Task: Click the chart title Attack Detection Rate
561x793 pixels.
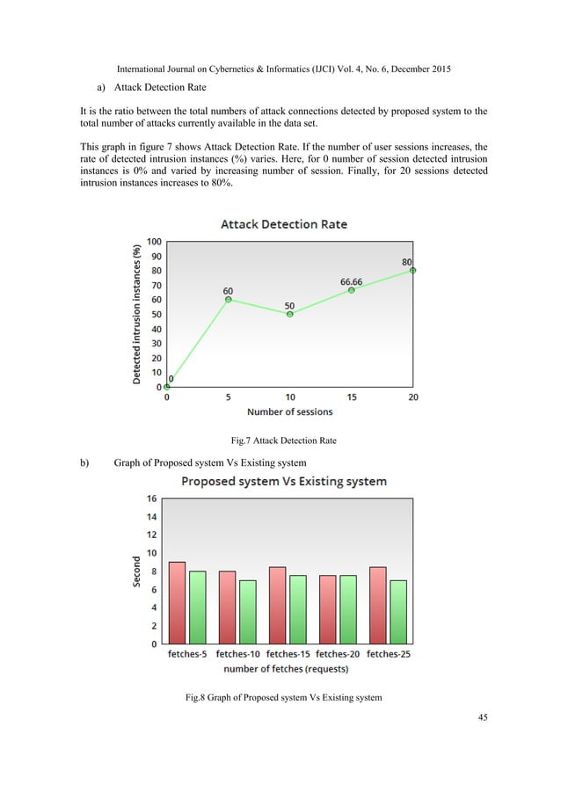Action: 283,224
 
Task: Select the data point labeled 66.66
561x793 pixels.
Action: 351,290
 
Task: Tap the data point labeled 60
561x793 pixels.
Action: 229,299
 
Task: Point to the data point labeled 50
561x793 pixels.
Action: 289,314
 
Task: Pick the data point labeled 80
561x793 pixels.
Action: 412,270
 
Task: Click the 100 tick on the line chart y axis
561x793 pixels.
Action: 153,241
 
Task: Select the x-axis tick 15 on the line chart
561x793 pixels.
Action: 351,397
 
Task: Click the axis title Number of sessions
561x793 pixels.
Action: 289,411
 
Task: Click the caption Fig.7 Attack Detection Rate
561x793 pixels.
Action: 280,440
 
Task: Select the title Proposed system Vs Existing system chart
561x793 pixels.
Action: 283,481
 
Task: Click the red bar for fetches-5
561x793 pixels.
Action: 177,602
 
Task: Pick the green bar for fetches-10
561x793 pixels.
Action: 248,611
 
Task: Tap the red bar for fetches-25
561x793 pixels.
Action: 378,605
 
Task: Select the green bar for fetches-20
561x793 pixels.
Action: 348,609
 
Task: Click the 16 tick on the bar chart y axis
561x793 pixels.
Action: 151,498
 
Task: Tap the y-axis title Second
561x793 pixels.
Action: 137,571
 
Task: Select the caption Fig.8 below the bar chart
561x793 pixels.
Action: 283,697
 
